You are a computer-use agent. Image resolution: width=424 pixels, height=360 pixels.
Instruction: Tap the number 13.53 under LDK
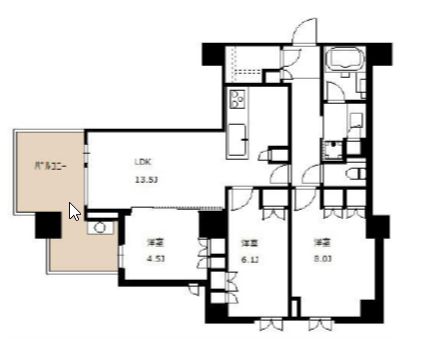147,180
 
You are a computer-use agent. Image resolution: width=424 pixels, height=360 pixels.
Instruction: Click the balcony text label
50,167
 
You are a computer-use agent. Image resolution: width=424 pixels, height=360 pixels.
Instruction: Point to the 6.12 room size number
250,260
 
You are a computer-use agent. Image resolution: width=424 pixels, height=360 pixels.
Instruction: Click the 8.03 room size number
320,260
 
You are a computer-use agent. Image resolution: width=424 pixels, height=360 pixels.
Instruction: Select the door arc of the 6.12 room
240,199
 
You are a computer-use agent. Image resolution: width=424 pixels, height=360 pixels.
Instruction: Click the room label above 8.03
320,242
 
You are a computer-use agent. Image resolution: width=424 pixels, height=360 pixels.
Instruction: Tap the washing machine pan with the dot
334,150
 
